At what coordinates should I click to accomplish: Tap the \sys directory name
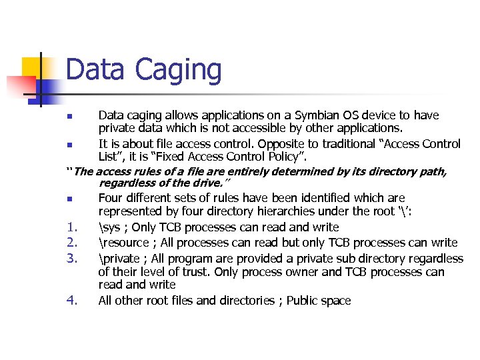[x=109, y=227]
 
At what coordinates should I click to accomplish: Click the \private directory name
[x=119, y=258]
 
